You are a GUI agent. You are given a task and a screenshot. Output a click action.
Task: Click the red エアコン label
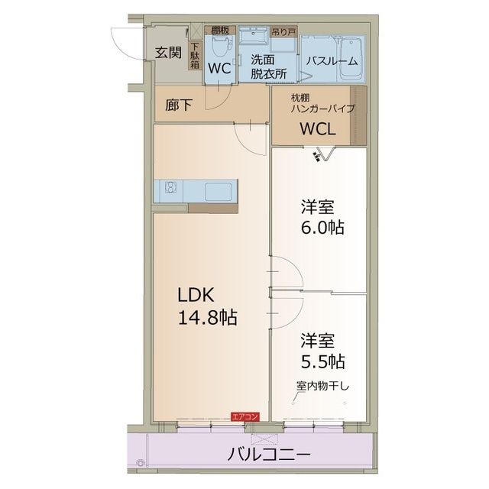(x=244, y=416)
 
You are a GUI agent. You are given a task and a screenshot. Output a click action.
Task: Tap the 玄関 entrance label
(x=168, y=53)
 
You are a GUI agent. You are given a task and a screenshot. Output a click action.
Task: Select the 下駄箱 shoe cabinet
(x=196, y=56)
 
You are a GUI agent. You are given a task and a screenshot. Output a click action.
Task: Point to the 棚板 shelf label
(x=220, y=31)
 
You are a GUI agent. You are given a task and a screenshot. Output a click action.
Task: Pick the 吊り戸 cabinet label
(x=283, y=31)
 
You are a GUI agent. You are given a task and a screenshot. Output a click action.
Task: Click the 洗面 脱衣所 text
(x=268, y=66)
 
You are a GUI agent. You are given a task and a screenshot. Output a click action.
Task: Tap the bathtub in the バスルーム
(x=351, y=60)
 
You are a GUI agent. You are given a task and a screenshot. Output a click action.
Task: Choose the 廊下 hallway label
(x=178, y=105)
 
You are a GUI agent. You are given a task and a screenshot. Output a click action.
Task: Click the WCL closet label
(x=318, y=128)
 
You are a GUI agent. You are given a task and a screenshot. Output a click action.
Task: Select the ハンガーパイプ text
(x=322, y=108)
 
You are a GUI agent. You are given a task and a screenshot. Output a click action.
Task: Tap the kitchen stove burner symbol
(x=170, y=187)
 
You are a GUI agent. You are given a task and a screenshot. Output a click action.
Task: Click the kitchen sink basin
(x=219, y=192)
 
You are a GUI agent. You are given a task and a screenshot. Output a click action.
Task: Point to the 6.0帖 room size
(x=322, y=228)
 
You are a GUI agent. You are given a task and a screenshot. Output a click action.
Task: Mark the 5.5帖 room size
(x=322, y=362)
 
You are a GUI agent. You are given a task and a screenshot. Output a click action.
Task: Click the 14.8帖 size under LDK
(x=207, y=318)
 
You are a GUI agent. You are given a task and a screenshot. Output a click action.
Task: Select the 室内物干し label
(x=322, y=387)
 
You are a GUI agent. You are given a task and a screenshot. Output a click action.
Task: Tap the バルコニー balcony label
(x=269, y=454)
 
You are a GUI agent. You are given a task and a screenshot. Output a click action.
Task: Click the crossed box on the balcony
(x=264, y=439)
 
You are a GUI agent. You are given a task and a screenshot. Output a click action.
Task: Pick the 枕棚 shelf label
(x=300, y=98)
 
